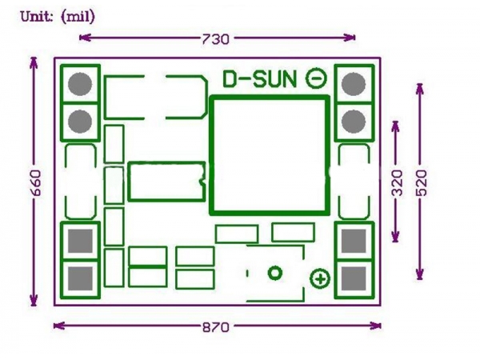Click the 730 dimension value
click(x=216, y=38)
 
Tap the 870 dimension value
click(x=216, y=326)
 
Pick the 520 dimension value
click(x=422, y=183)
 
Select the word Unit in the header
click(x=34, y=16)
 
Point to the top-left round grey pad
click(x=80, y=83)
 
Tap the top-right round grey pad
click(x=353, y=83)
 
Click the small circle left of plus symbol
click(x=275, y=274)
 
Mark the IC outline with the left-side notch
click(x=166, y=182)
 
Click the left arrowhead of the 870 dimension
click(x=57, y=325)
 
